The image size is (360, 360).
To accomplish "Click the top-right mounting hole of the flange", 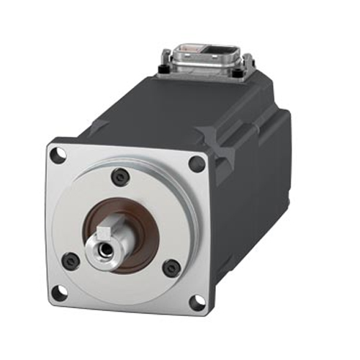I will point(197,163).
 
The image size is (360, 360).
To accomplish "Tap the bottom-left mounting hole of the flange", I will point(61,291).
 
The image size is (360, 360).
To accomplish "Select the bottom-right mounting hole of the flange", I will point(195,302).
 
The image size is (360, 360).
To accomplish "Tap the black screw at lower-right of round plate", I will point(170,268).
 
